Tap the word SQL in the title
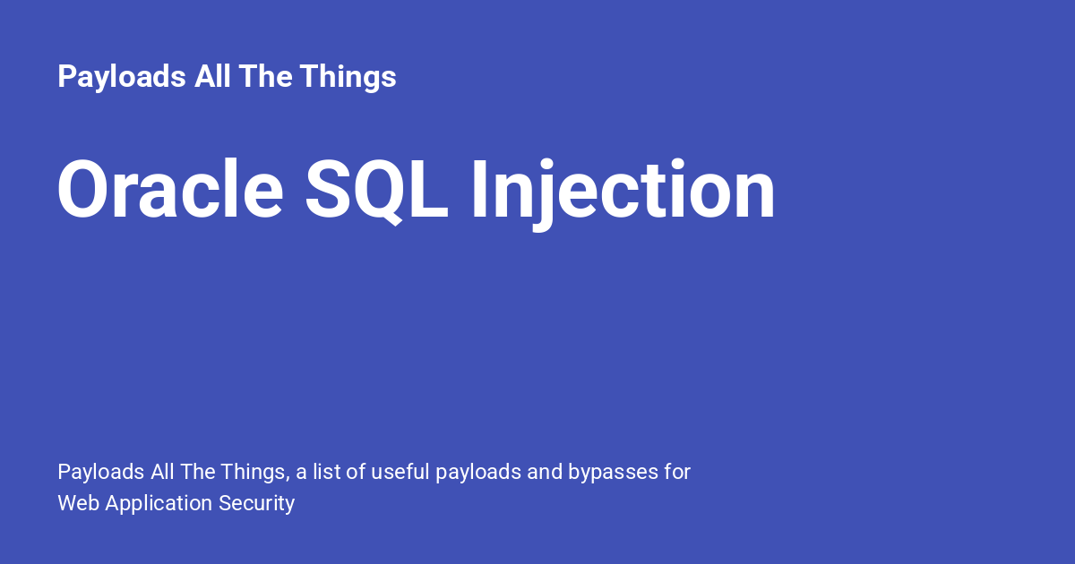(376, 191)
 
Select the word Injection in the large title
(623, 191)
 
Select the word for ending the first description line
(677, 472)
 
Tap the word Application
(159, 504)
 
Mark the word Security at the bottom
(256, 504)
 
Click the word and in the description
(545, 472)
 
